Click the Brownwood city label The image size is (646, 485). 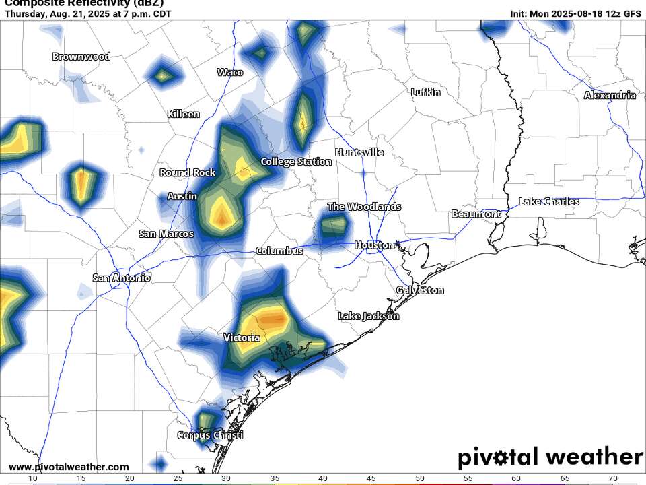(81, 57)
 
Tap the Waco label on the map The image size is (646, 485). (230, 72)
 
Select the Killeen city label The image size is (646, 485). (183, 114)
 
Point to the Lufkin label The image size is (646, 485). (426, 92)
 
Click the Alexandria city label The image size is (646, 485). (610, 95)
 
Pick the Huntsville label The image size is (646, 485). (359, 152)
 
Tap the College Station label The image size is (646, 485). (296, 162)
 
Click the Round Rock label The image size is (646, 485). (188, 173)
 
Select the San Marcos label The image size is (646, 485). (166, 234)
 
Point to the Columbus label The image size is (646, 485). (279, 251)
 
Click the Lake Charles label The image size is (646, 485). (549, 201)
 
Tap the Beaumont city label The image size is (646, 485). (476, 214)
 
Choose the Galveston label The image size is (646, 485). (420, 290)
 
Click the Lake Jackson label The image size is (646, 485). (368, 316)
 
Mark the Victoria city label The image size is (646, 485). (242, 337)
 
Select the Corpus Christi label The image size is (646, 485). (210, 435)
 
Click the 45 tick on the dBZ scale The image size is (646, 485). (371, 478)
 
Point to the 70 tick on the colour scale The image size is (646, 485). (612, 478)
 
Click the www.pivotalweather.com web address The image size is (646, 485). (69, 467)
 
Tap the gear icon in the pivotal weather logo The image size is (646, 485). (501, 458)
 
